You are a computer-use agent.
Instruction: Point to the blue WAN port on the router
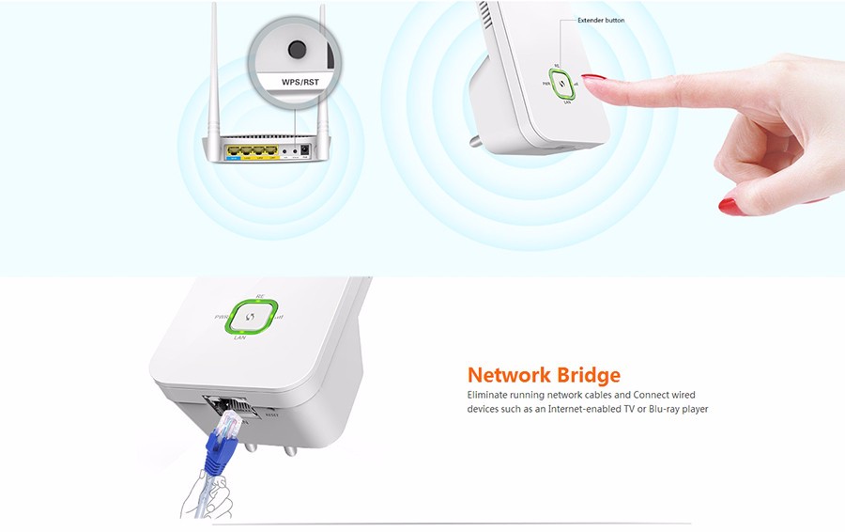click(x=231, y=149)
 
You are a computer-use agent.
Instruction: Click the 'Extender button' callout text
click(x=601, y=20)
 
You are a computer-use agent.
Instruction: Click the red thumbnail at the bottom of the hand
click(x=728, y=202)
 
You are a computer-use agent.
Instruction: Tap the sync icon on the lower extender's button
click(x=250, y=317)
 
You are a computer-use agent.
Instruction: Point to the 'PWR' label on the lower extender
click(x=221, y=317)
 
